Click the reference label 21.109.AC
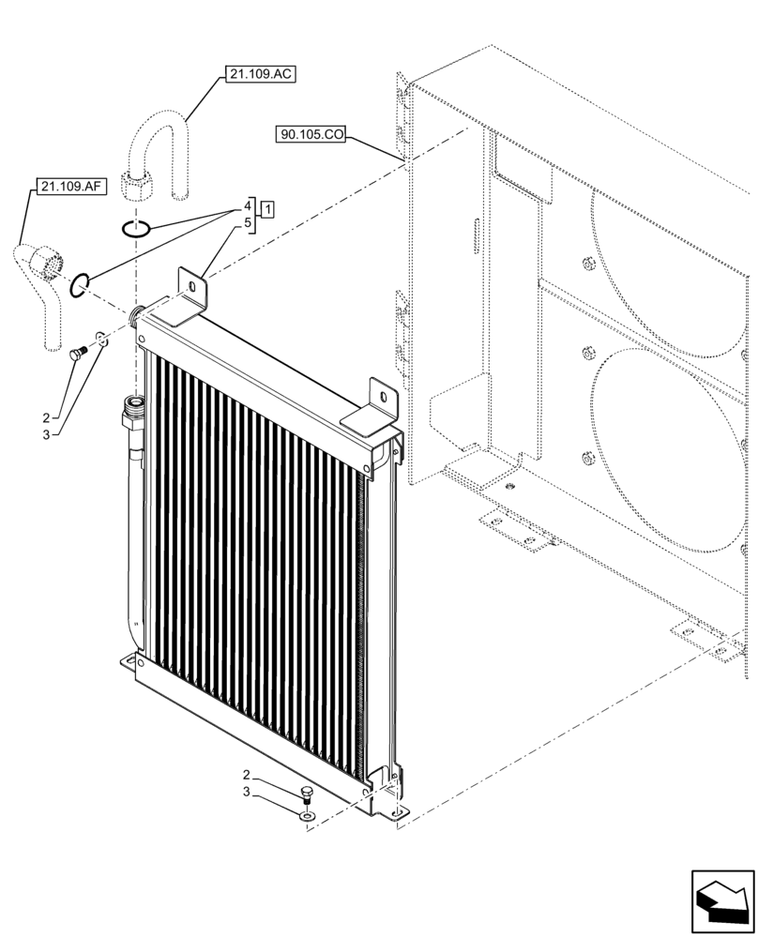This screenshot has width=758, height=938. point(260,74)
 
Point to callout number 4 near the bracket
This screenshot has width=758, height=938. point(249,204)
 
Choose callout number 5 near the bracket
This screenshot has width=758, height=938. point(249,223)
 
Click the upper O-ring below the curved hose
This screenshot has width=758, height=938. point(137,227)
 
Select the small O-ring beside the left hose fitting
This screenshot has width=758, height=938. point(80,282)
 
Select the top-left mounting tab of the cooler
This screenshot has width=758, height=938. point(192,292)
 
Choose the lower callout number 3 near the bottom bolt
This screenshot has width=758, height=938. point(247,793)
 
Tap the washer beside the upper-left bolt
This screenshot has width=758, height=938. point(101,340)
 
